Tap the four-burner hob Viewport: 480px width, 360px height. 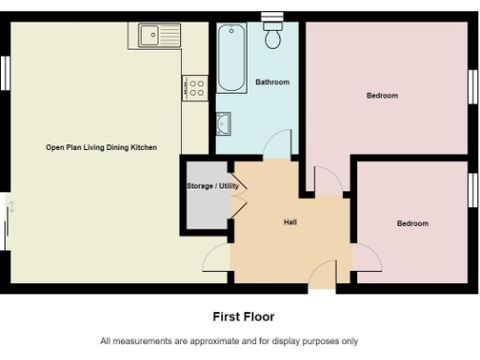pyautogui.click(x=196, y=89)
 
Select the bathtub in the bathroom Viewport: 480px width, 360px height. pyautogui.click(x=231, y=58)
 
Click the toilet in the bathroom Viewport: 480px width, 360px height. pyautogui.click(x=274, y=37)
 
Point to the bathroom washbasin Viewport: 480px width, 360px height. pyautogui.click(x=225, y=123)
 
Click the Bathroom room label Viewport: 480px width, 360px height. pyautogui.click(x=273, y=82)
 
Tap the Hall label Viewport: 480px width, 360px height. pyautogui.click(x=291, y=222)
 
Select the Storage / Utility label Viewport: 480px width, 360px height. pyautogui.click(x=213, y=187)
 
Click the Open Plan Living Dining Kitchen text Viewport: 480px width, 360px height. pyautogui.click(x=101, y=148)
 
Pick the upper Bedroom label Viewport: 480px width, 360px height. pyautogui.click(x=382, y=96)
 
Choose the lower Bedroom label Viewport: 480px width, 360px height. pyautogui.click(x=412, y=223)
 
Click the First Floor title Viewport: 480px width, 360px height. pyautogui.click(x=244, y=317)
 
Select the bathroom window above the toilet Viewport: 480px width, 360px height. pyautogui.click(x=273, y=15)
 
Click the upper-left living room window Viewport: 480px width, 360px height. pyautogui.click(x=6, y=72)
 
